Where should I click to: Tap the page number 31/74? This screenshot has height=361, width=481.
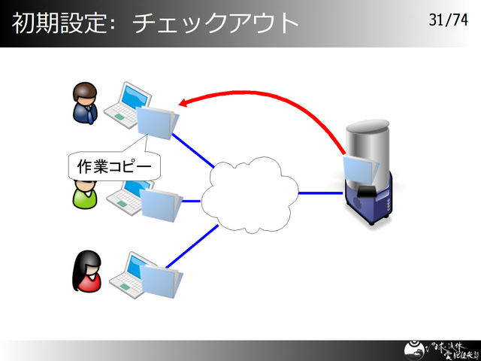[x=448, y=20]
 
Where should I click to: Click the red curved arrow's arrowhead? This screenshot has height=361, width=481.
[x=183, y=104]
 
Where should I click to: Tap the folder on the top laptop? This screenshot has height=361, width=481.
[x=157, y=122]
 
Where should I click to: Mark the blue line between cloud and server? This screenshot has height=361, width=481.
[x=320, y=193]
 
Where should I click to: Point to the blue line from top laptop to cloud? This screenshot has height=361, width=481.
[x=194, y=150]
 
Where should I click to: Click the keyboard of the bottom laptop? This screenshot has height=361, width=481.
[x=125, y=281]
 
